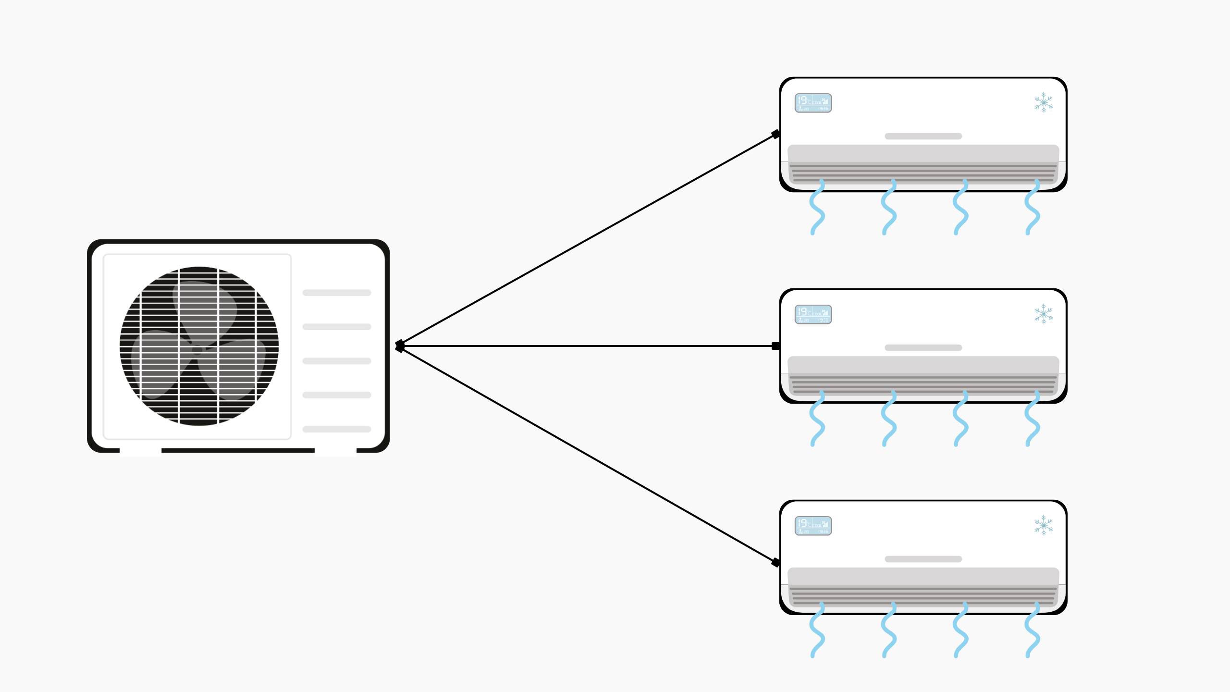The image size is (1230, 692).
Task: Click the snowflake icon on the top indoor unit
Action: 1044,102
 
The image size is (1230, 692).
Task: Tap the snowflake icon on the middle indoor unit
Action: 1044,314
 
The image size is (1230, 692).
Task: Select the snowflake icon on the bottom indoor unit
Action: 1044,525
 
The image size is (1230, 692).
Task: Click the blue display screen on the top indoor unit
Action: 813,103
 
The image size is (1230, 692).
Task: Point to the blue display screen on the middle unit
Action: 813,314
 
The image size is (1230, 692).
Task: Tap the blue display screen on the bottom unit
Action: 813,526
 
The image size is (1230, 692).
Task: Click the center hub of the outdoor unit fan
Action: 198,349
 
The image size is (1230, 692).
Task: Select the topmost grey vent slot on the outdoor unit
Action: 336,293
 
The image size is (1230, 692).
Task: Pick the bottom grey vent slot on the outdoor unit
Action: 336,429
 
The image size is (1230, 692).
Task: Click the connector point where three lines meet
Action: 399,346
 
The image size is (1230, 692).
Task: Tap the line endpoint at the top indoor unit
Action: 775,134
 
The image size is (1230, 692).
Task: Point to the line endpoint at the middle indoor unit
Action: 775,346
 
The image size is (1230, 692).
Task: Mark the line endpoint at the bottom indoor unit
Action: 775,562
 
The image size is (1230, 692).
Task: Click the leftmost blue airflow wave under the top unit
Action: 817,208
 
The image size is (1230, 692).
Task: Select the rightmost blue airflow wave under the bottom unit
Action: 1032,630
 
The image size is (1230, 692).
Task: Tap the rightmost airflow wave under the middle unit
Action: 1032,419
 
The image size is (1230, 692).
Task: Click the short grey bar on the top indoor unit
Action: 923,136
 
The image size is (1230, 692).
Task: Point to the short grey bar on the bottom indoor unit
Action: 923,559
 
